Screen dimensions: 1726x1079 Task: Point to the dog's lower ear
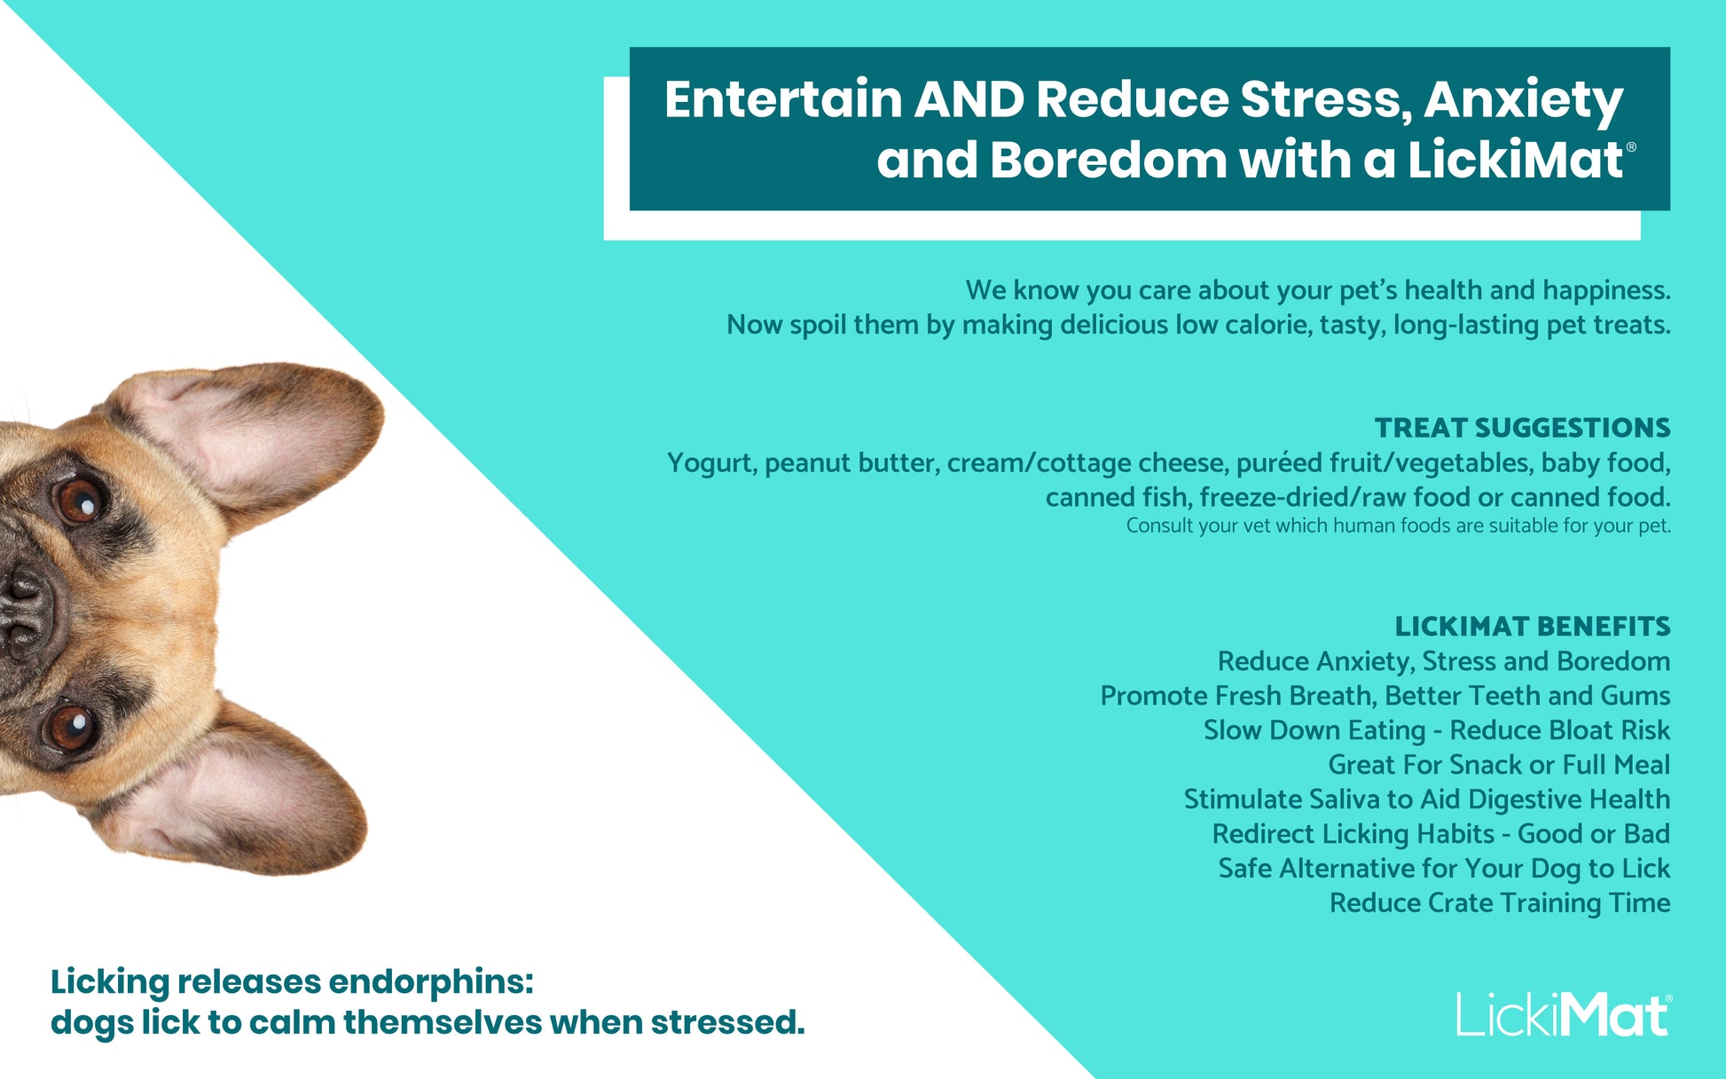tap(239, 790)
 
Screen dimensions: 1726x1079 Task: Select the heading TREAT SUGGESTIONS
tap(1522, 428)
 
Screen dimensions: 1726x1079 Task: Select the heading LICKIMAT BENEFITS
tap(1533, 626)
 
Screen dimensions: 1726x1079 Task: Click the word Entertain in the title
tap(783, 99)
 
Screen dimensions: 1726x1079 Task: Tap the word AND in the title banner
tap(969, 99)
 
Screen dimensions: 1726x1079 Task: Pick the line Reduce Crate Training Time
tap(1500, 903)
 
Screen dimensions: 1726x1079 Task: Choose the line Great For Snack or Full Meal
tap(1499, 765)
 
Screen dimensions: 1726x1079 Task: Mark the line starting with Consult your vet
tap(1399, 526)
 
